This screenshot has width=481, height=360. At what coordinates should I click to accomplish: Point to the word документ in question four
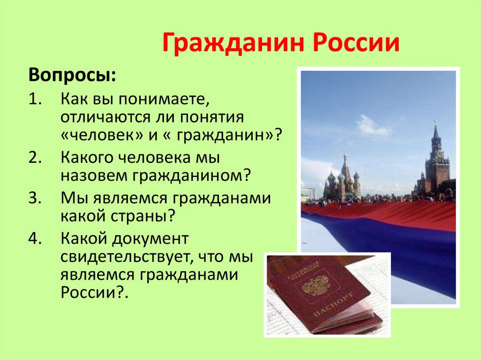click(150, 239)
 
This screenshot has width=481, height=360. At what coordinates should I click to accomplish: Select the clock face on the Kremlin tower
click(440, 153)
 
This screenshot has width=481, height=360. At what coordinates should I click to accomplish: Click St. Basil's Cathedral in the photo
click(342, 181)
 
